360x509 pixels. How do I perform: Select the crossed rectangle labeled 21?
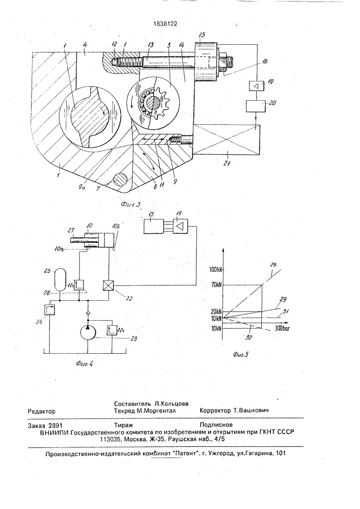pyautogui.click(x=226, y=138)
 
